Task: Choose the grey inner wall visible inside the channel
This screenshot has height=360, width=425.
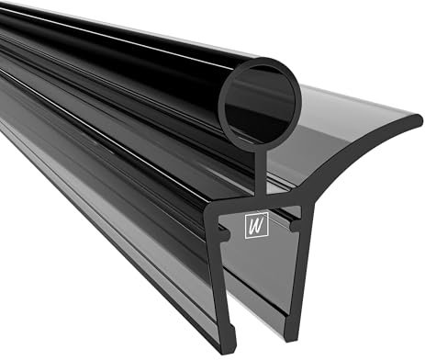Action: pyautogui.click(x=266, y=276)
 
